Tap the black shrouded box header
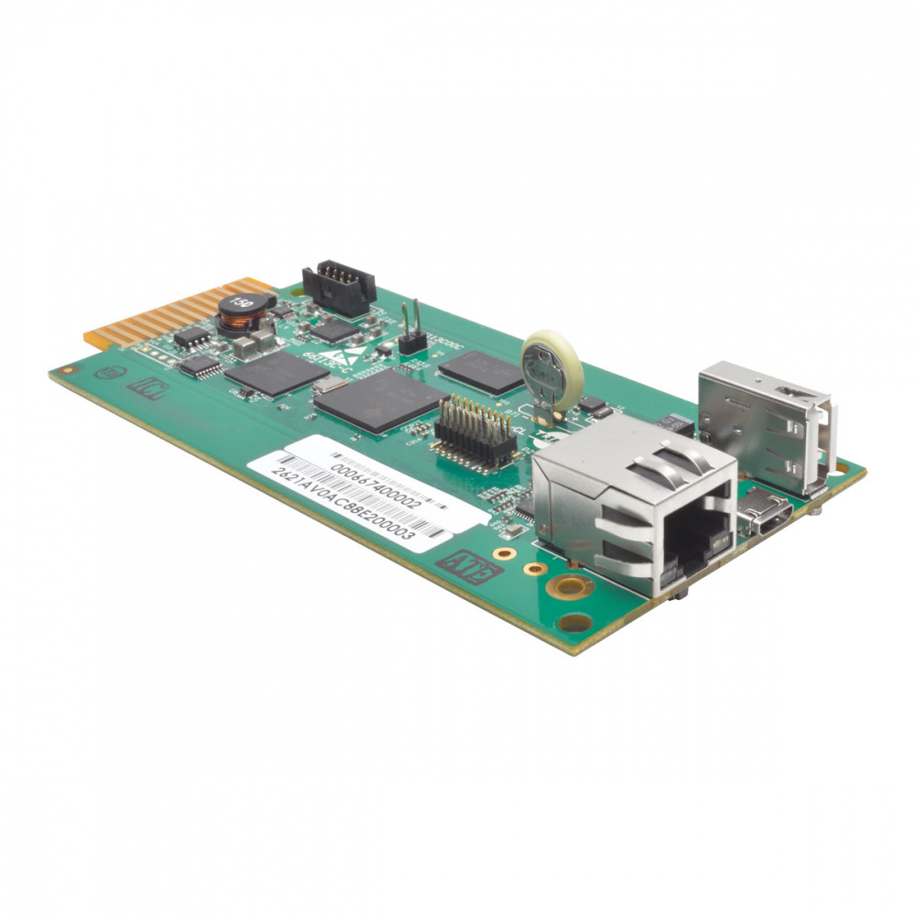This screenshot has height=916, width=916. (x=338, y=287)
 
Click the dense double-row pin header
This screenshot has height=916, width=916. (x=474, y=431)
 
